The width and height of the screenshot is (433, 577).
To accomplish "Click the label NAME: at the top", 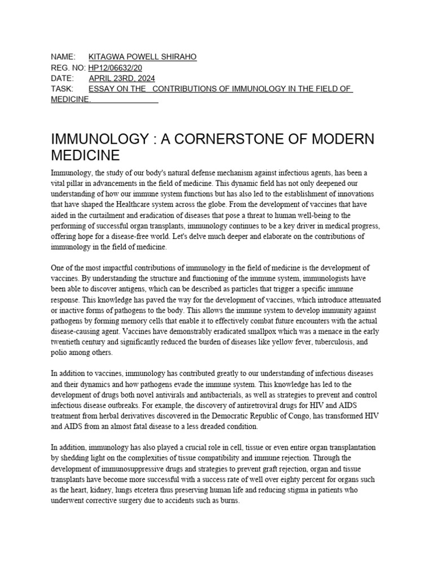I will click(63, 57).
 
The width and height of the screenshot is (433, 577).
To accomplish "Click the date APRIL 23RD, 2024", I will click(122, 79).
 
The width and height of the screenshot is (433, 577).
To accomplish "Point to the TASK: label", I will click(62, 90).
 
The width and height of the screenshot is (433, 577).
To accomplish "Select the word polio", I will click(60, 353).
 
